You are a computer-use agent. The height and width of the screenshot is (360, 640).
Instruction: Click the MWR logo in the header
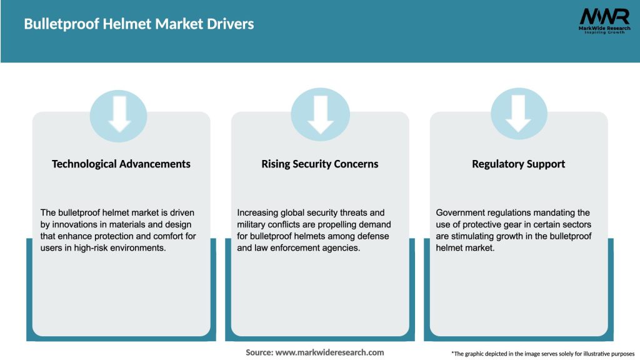pyautogui.click(x=604, y=21)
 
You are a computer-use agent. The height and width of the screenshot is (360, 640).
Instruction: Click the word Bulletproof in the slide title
pyautogui.click(x=62, y=24)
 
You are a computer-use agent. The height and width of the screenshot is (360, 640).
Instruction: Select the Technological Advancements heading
pyautogui.click(x=121, y=164)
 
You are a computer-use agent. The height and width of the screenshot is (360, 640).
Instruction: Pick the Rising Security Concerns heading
pyautogui.click(x=319, y=164)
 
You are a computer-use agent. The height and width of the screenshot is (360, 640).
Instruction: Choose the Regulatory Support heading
pyautogui.click(x=518, y=164)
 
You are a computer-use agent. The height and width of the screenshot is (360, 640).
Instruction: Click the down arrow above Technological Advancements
pyautogui.click(x=119, y=114)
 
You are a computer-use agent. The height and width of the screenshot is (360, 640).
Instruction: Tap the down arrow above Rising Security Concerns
pyautogui.click(x=321, y=114)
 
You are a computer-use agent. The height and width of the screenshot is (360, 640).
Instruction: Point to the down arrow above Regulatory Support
pyautogui.click(x=518, y=114)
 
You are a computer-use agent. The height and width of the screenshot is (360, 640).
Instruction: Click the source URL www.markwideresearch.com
pyautogui.click(x=329, y=352)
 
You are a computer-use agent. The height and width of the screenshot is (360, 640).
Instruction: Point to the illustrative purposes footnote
pyautogui.click(x=543, y=354)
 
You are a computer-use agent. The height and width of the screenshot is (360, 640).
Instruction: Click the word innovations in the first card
pyautogui.click(x=75, y=224)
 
